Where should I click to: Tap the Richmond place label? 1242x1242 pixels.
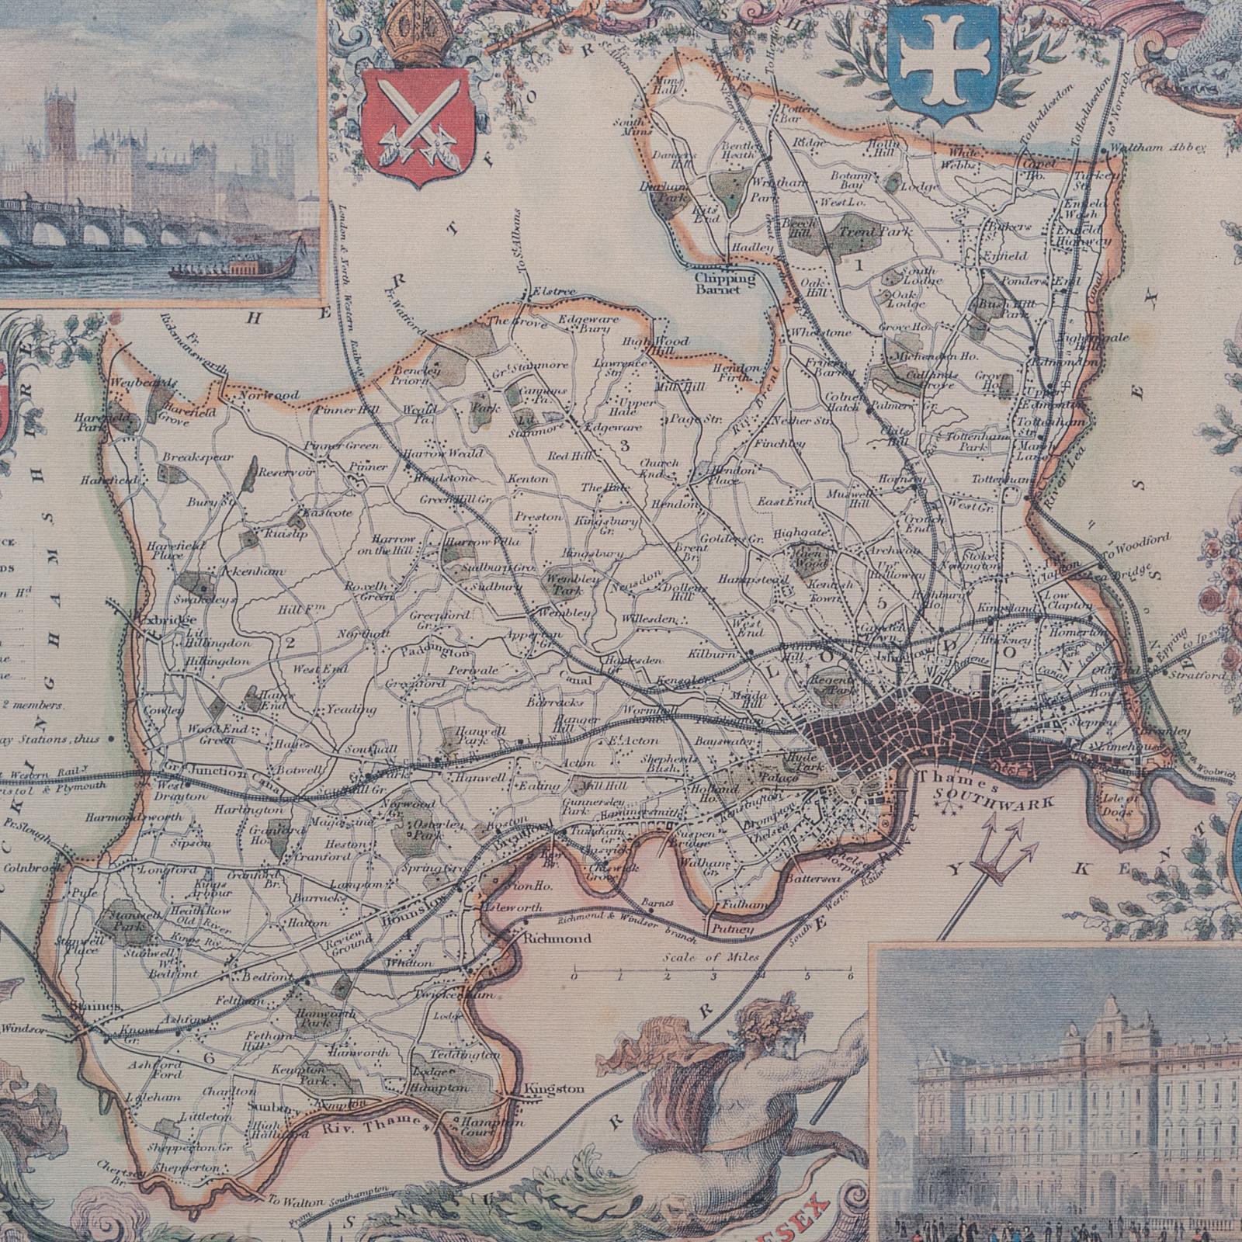pos(557,938)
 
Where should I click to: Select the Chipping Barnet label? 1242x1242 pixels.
pos(725,279)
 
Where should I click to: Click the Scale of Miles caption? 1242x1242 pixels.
pos(711,957)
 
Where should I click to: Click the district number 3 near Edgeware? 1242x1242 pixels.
pos(623,446)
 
